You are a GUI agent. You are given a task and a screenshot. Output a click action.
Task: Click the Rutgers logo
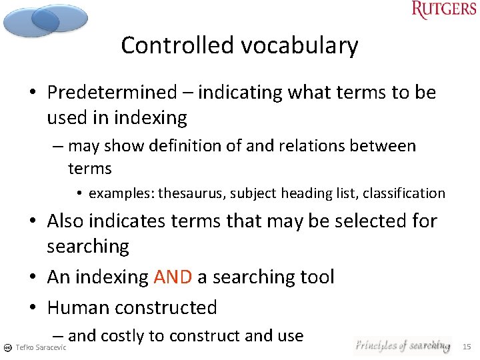click(444, 10)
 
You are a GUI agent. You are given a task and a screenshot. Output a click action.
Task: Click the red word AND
click(173, 277)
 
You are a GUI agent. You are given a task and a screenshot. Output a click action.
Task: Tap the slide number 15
click(467, 347)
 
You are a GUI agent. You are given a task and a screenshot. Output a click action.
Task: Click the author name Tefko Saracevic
click(41, 348)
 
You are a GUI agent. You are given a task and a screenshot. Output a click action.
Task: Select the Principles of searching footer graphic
click(402, 345)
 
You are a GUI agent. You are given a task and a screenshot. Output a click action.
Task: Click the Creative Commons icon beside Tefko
click(7, 348)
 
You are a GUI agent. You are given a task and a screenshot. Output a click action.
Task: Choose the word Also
click(65, 220)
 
